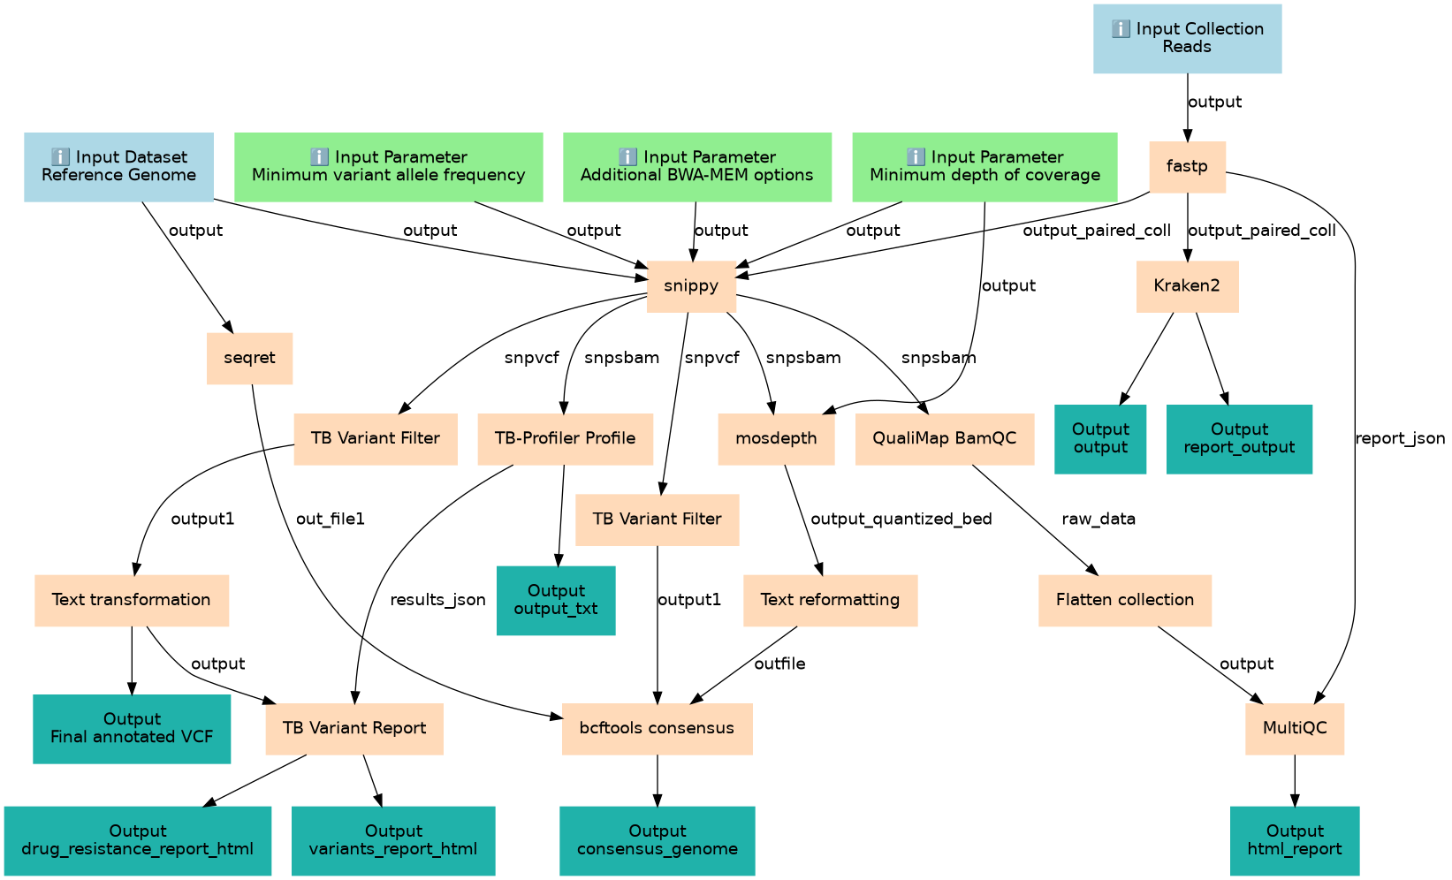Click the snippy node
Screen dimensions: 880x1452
click(691, 286)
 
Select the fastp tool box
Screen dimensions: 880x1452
click(1187, 166)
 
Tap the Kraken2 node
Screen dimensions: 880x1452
click(1187, 286)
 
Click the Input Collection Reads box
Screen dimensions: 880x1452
click(1187, 38)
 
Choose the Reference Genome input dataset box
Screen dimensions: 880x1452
click(118, 166)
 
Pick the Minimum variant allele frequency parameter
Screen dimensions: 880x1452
click(388, 166)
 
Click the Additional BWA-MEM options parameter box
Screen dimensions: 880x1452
click(696, 166)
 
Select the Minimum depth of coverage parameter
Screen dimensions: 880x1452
click(984, 166)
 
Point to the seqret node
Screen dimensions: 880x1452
click(249, 358)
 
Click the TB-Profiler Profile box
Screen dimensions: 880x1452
click(565, 438)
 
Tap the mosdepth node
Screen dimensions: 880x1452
click(776, 438)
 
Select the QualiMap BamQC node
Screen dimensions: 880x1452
click(944, 438)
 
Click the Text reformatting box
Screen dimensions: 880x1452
click(830, 600)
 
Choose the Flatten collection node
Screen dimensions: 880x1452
click(1124, 600)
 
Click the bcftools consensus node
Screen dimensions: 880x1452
click(657, 728)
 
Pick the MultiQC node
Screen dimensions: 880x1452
click(1294, 728)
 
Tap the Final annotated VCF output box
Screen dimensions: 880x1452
click(132, 728)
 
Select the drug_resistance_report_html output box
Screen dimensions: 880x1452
click(137, 840)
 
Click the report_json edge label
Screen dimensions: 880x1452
click(1400, 438)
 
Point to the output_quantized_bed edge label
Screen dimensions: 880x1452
click(901, 519)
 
